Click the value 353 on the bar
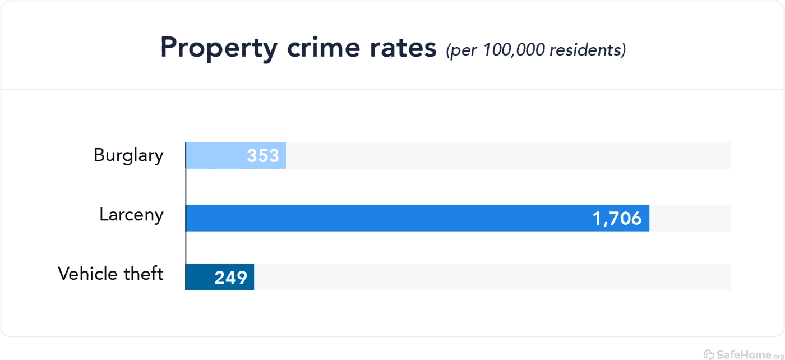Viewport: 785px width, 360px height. tap(263, 156)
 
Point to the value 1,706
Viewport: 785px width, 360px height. tap(617, 218)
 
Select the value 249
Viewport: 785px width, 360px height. tap(230, 278)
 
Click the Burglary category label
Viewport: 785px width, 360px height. tap(128, 155)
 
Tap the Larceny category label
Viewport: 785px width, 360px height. tap(131, 215)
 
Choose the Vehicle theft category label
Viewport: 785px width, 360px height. tap(110, 274)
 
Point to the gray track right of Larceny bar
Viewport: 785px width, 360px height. tap(690, 218)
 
